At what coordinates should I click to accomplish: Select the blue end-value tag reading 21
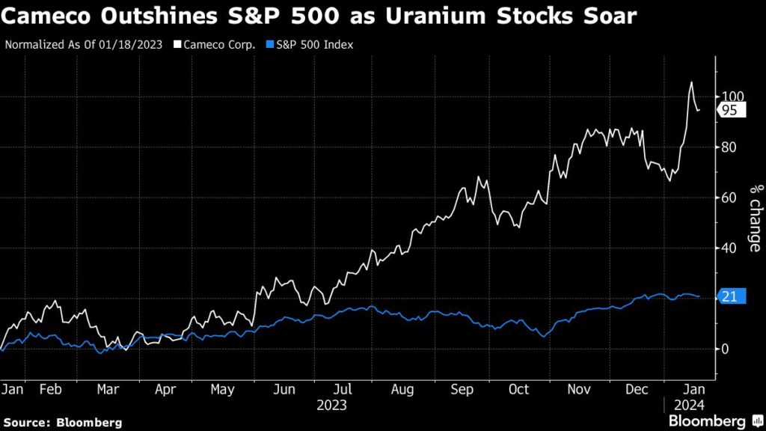[x=729, y=297]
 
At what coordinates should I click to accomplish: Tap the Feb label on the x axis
[x=50, y=389]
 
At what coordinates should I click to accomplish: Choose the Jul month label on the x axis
[x=343, y=389]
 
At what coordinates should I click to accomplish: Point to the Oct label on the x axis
[x=518, y=389]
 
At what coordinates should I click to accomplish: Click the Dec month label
[x=638, y=389]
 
